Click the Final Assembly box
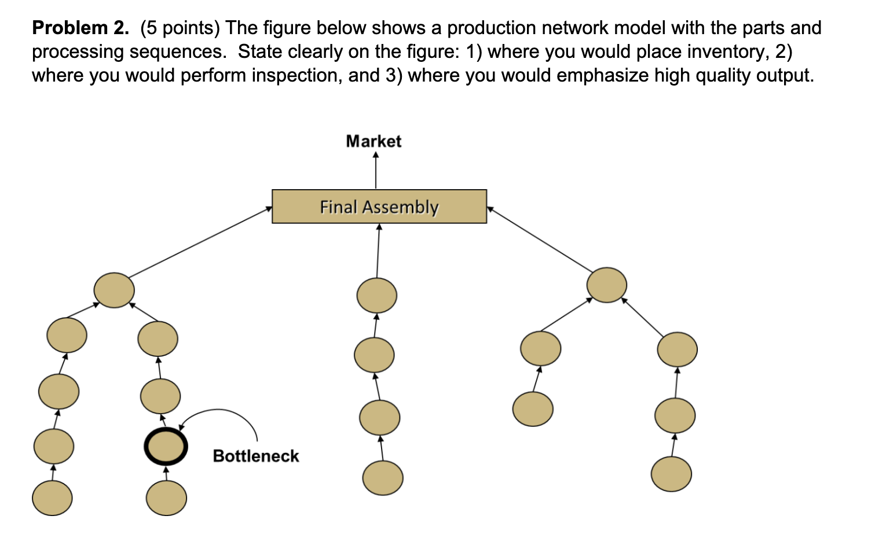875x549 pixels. tap(379, 207)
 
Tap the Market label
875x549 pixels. tap(374, 141)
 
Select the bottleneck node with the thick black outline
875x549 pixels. tap(166, 447)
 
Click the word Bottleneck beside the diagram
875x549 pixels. tap(256, 456)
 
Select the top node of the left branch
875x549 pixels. tap(114, 290)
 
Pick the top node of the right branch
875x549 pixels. tap(606, 285)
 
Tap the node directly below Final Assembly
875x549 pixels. tap(377, 295)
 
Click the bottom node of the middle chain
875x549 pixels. tap(383, 478)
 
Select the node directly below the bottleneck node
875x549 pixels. tap(166, 498)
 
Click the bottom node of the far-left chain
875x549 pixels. tap(52, 498)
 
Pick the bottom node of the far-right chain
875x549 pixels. tap(671, 474)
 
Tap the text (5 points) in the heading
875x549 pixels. tap(180, 27)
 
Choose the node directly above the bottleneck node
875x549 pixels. tap(160, 396)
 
